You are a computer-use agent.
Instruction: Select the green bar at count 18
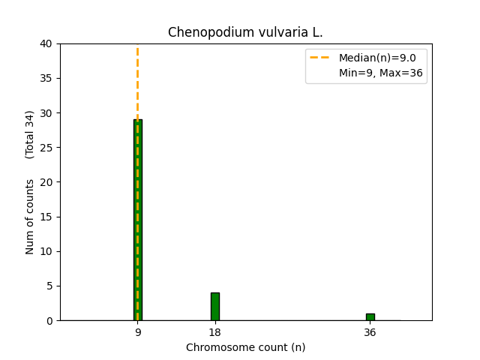pyautogui.click(x=215, y=306)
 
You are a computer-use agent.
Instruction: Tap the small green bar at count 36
pyautogui.click(x=370, y=316)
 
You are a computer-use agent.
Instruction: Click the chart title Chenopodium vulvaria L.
pyautogui.click(x=245, y=32)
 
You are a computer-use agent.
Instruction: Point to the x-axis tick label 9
pyautogui.click(x=138, y=332)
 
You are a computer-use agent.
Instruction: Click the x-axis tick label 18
pyautogui.click(x=215, y=332)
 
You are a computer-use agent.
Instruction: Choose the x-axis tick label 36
pyautogui.click(x=370, y=332)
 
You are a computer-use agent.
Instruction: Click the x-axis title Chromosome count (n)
pyautogui.click(x=245, y=347)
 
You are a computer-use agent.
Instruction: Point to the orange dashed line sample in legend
pyautogui.click(x=321, y=58)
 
